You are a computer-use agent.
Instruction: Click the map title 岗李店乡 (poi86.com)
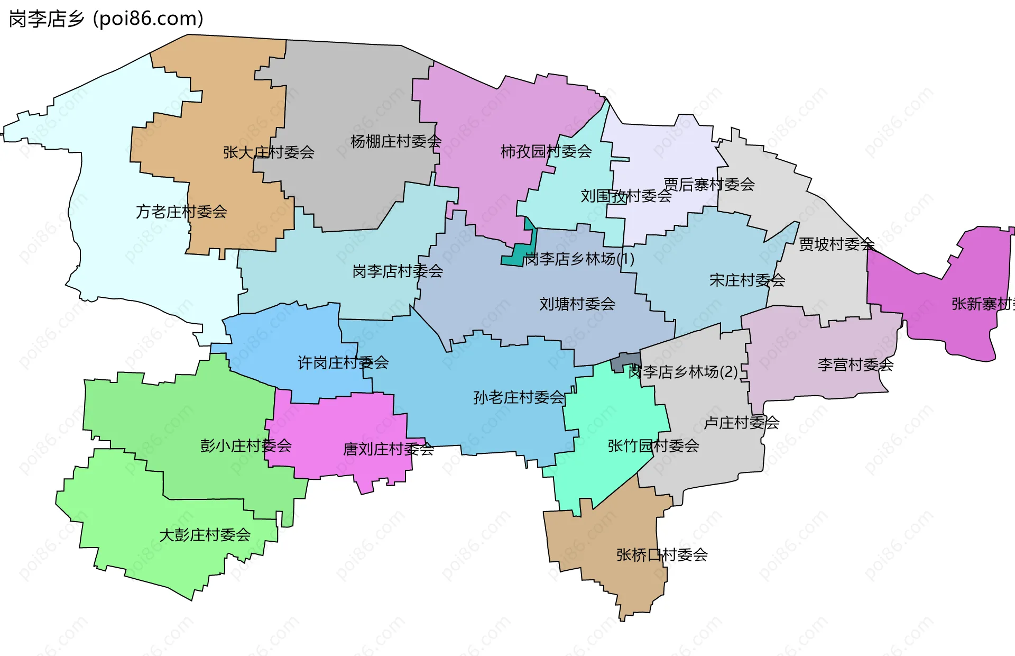[x=106, y=19]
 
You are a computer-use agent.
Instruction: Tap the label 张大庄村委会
[x=269, y=152]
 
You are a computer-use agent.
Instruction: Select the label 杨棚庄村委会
[x=396, y=141]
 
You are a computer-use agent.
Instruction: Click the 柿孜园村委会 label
[x=546, y=151]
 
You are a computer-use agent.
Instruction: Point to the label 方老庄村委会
[x=181, y=212]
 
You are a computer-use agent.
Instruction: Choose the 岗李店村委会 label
[x=398, y=271]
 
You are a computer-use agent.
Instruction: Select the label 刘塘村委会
[x=577, y=304]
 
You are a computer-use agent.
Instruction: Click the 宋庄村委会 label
[x=747, y=280]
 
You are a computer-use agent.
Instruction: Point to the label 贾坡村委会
[x=836, y=244]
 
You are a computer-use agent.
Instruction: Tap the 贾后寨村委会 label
[x=709, y=184]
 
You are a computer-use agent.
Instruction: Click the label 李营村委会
[x=855, y=364]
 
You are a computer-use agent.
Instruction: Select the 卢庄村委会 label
[x=741, y=422]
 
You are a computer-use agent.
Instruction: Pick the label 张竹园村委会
[x=653, y=445]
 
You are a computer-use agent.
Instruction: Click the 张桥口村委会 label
[x=662, y=554]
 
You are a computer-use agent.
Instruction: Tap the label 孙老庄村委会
[x=519, y=397]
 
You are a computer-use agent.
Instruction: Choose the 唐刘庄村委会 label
[x=389, y=449]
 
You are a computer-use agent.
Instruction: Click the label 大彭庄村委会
[x=205, y=534]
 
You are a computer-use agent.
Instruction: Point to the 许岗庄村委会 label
[x=343, y=362]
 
